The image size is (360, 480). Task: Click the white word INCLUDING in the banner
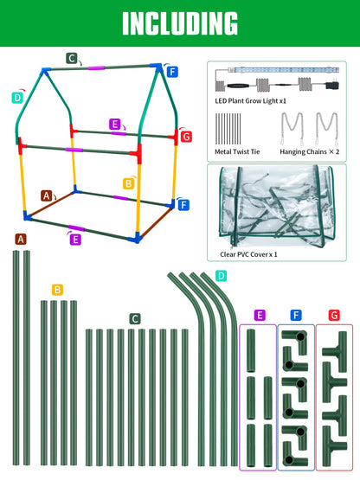[x=180, y=23]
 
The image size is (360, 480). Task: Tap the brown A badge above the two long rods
[x=21, y=239]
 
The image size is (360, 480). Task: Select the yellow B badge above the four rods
[x=57, y=290]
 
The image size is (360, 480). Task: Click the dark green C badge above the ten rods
[x=135, y=319]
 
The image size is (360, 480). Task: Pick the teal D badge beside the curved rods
[x=221, y=276]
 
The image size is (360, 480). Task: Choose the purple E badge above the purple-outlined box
[x=260, y=315]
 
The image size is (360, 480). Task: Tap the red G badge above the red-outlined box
[x=334, y=315]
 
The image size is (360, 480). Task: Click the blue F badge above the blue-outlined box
[x=296, y=315]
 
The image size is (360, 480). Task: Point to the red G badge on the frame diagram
[x=186, y=137]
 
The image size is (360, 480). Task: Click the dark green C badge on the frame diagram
[x=72, y=58]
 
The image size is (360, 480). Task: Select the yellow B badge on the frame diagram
[x=129, y=183]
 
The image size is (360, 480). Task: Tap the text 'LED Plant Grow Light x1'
[x=251, y=100]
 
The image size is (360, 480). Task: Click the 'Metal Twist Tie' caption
[x=237, y=151]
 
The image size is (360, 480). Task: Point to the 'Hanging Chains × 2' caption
[x=310, y=151]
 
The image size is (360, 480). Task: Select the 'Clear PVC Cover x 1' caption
[x=248, y=254]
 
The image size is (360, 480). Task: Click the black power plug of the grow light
[x=332, y=84]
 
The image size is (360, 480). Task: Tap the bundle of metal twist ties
[x=228, y=129]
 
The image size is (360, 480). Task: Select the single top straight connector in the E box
[x=251, y=346]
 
